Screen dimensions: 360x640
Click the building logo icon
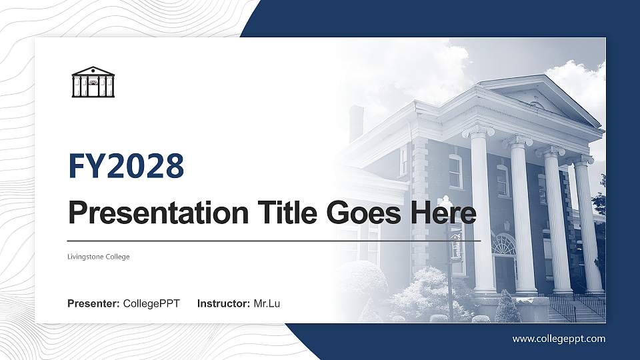pyautogui.click(x=93, y=82)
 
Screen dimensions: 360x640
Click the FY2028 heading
pyautogui.click(x=126, y=167)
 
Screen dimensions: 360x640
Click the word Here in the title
pyautogui.click(x=444, y=213)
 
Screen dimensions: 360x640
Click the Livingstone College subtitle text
pyautogui.click(x=99, y=257)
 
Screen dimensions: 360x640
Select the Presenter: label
pyautogui.click(x=93, y=304)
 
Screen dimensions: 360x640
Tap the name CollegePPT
pyautogui.click(x=151, y=304)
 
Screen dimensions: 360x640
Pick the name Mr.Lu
pyautogui.click(x=267, y=304)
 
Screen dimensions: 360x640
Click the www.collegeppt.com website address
pyautogui.click(x=559, y=339)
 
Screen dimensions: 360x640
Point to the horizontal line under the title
pyautogui.click(x=274, y=240)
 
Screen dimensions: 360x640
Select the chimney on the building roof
pyautogui.click(x=357, y=123)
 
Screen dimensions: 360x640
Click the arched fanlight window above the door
pyautogui.click(x=503, y=245)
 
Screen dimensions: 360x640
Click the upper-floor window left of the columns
pyautogui.click(x=455, y=171)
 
